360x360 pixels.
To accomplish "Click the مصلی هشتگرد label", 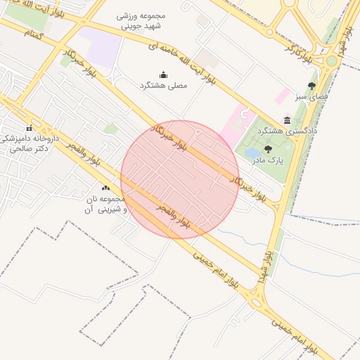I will (x=163, y=86).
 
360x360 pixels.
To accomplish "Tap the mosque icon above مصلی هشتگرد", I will (x=164, y=75).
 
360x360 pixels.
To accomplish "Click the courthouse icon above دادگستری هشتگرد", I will (x=287, y=120).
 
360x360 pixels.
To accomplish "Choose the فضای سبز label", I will (x=311, y=96).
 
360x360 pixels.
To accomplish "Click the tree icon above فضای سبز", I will (x=311, y=85).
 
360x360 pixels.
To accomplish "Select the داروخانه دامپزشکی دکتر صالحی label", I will (x=29, y=143).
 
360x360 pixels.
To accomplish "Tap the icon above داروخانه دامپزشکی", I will (x=29, y=128).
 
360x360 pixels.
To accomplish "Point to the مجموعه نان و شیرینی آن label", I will (x=105, y=205).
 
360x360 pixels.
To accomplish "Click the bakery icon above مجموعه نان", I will (x=106, y=188).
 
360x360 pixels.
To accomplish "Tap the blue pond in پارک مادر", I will (x=251, y=153).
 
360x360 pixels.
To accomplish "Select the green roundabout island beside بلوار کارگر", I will (x=331, y=60).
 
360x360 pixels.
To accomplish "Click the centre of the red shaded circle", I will (x=180, y=179).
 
